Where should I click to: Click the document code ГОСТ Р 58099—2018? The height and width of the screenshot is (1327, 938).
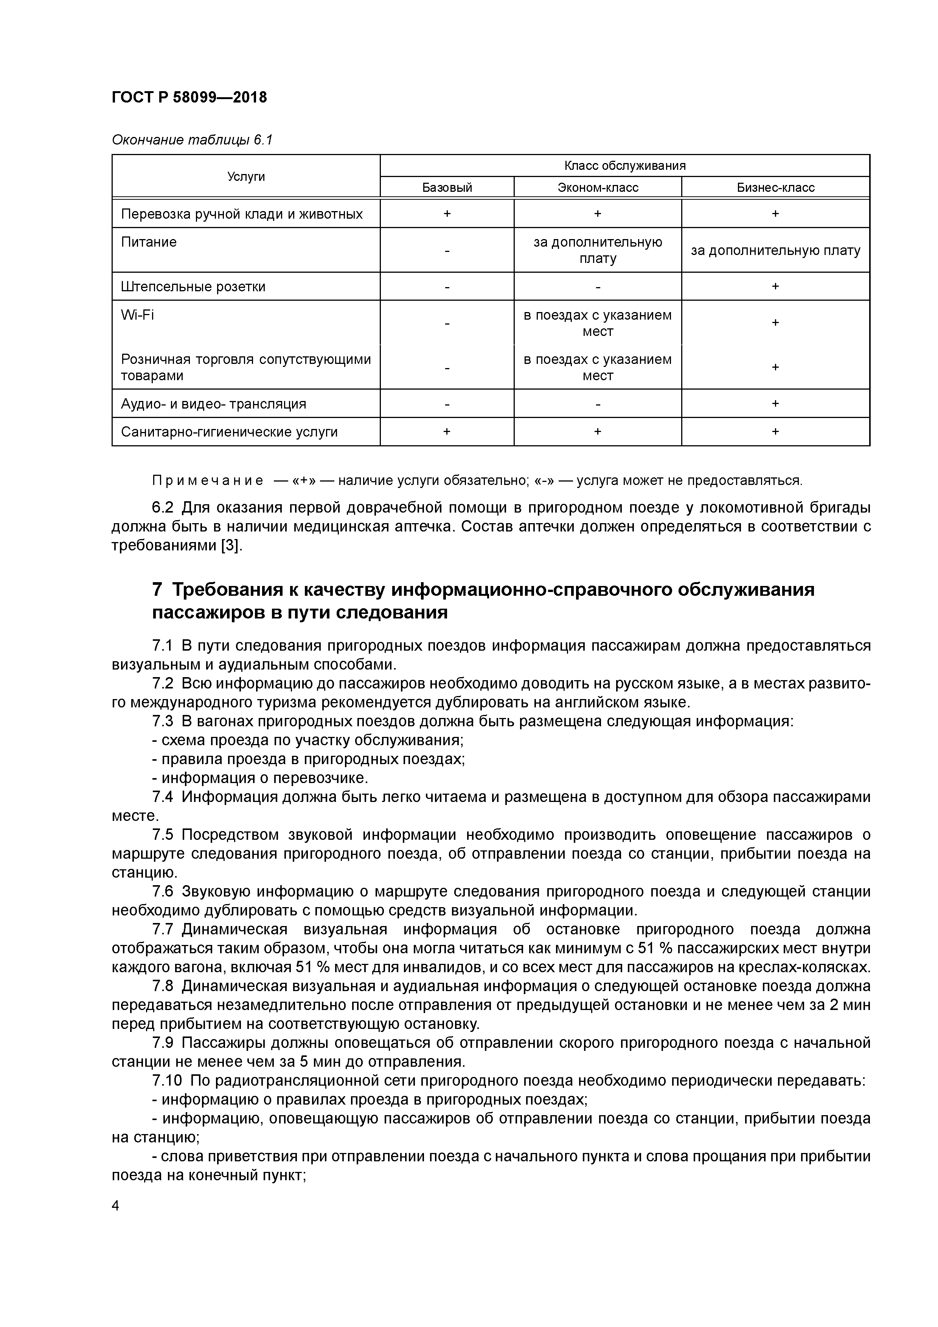[x=189, y=97]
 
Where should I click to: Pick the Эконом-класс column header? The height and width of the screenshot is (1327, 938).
[x=598, y=187]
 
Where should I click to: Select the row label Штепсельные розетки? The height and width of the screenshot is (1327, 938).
[x=193, y=287]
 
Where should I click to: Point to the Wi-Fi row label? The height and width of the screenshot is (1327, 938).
[x=138, y=315]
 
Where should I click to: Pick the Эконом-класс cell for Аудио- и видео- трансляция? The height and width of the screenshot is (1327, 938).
[x=598, y=403]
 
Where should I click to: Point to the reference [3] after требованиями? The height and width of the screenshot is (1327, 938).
[x=231, y=545]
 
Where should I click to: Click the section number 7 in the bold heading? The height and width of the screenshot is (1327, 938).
[x=157, y=589]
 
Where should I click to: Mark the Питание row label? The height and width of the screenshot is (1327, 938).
[x=149, y=242]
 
